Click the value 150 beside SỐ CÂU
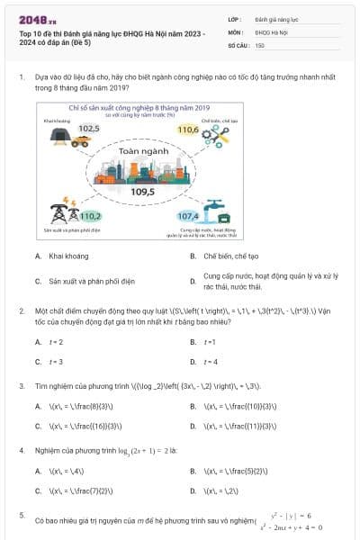tap(260, 44)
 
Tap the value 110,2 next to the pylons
tap(90, 216)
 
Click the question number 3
tap(22, 386)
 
